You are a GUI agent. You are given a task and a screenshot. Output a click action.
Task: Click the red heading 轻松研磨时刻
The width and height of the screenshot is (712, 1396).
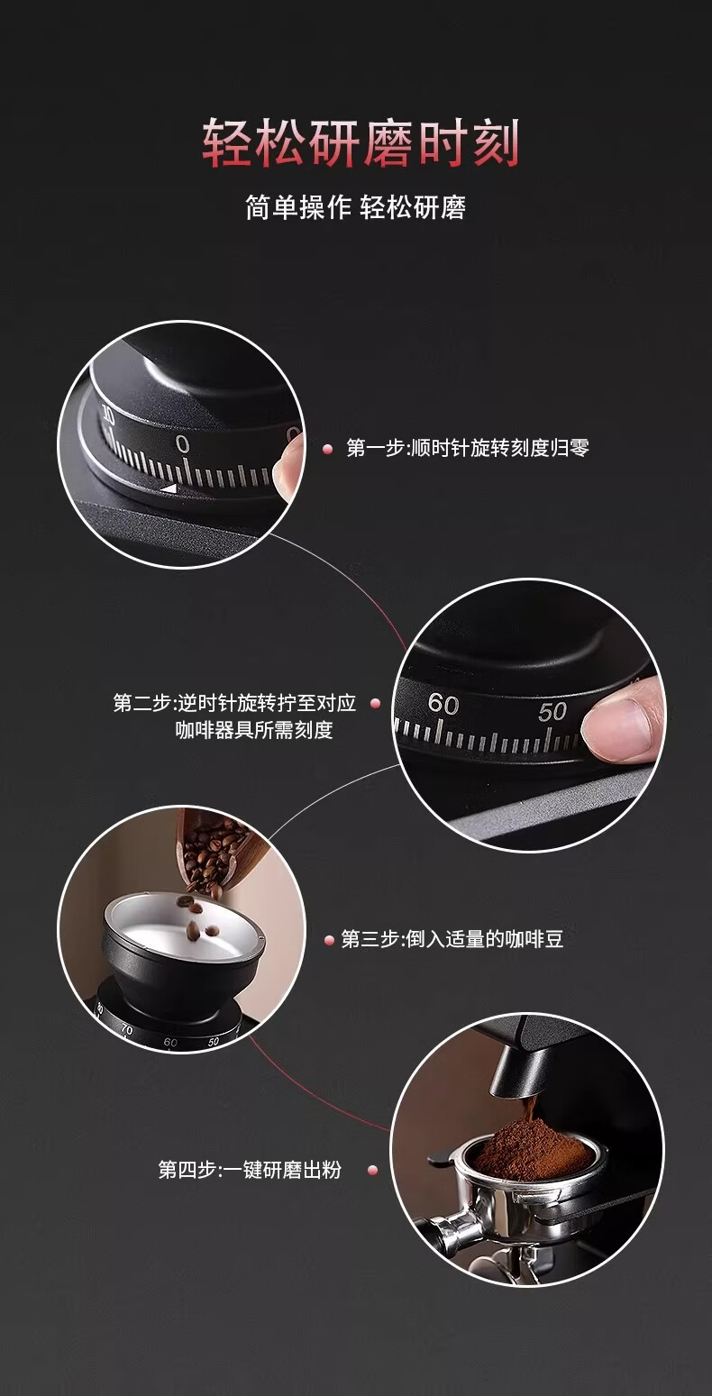361,143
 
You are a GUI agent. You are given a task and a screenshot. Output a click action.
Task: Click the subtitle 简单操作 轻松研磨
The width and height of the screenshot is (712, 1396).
355,207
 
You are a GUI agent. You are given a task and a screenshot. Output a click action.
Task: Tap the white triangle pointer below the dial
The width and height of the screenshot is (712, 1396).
169,489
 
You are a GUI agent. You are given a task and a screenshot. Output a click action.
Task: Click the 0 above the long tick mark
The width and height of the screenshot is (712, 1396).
182,444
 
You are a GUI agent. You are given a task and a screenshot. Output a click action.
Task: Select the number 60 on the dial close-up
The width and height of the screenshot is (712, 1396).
443,704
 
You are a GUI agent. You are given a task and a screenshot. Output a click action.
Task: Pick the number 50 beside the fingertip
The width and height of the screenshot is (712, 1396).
552,712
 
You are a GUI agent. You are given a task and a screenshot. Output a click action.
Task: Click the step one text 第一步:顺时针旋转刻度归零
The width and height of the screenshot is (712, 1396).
468,448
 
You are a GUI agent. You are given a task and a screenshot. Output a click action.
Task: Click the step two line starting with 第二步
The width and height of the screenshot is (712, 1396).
234,703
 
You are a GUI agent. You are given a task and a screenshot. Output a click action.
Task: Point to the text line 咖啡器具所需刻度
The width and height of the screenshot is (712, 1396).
254,729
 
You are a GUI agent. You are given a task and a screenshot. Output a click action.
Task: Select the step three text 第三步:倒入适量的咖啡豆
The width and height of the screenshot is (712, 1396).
452,938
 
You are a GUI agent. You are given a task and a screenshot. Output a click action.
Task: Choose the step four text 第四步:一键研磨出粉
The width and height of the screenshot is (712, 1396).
250,1170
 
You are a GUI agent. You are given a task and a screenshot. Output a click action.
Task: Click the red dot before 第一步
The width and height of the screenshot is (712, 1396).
328,449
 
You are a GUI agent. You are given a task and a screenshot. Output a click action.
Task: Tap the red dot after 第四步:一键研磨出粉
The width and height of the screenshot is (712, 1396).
373,1171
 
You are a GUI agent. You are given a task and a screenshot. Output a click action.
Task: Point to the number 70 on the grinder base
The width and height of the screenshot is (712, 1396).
127,1029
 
